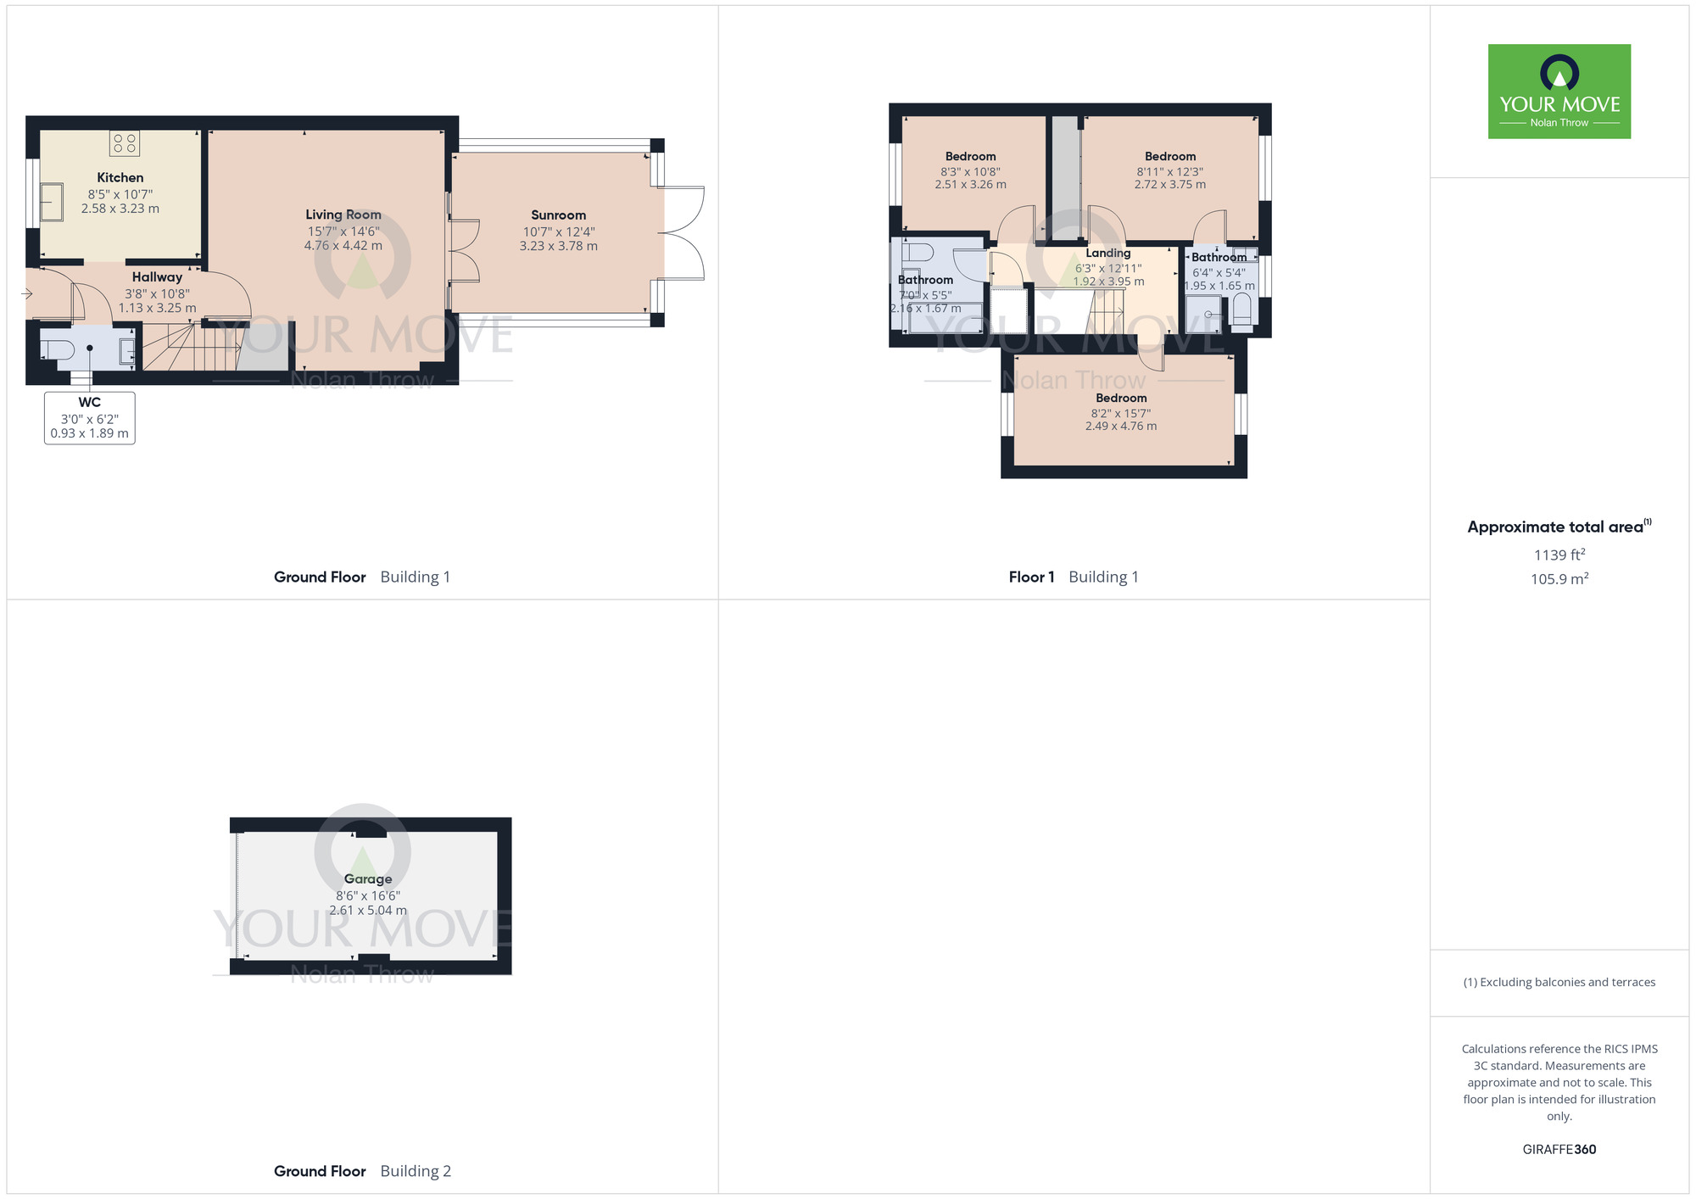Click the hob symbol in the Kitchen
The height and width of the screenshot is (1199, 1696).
[x=125, y=143]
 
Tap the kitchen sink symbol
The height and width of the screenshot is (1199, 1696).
[x=52, y=202]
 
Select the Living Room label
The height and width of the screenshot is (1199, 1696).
[x=343, y=215]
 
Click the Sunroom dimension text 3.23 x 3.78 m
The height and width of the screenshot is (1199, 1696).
[x=558, y=246]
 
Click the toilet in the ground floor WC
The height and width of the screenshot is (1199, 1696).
[x=58, y=349]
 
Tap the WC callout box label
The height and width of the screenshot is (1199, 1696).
[x=89, y=403]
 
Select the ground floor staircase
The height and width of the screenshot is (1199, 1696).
[x=191, y=348]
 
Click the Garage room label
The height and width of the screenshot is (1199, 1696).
[x=368, y=879]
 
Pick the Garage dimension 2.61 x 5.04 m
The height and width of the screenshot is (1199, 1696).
[x=368, y=910]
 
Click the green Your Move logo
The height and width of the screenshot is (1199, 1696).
[x=1559, y=92]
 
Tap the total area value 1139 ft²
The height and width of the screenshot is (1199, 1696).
[x=1559, y=555]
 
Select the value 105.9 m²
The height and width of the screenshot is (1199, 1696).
[x=1559, y=579]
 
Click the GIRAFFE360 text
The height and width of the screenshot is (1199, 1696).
[x=1559, y=1150]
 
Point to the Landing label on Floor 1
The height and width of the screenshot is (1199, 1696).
[x=1107, y=253]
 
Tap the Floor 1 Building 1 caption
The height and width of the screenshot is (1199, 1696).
[x=1073, y=577]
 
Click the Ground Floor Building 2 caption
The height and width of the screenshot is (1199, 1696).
[x=362, y=1171]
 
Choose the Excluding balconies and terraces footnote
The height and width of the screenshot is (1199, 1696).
[x=1559, y=982]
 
